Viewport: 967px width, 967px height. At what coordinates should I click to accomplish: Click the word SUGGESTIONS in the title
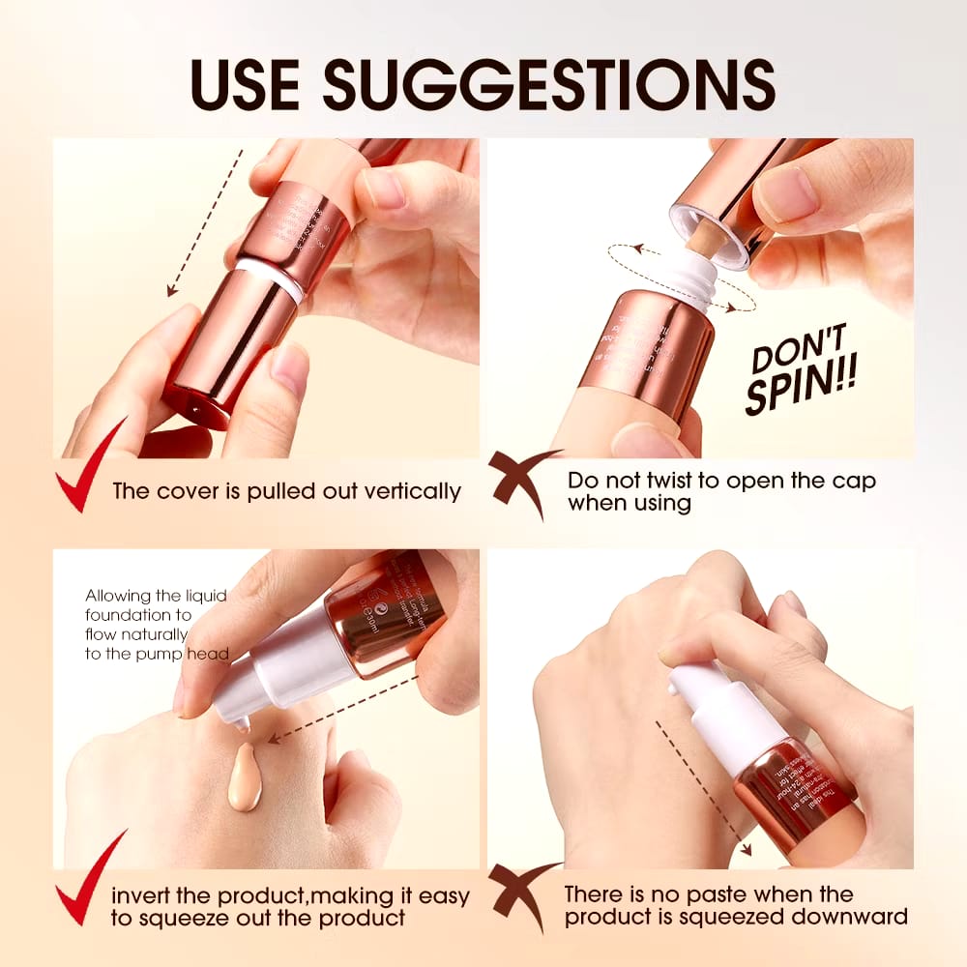[548, 85]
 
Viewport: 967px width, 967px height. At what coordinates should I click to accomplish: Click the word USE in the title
[244, 85]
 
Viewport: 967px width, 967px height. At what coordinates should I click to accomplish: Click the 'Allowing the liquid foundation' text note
[155, 625]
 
